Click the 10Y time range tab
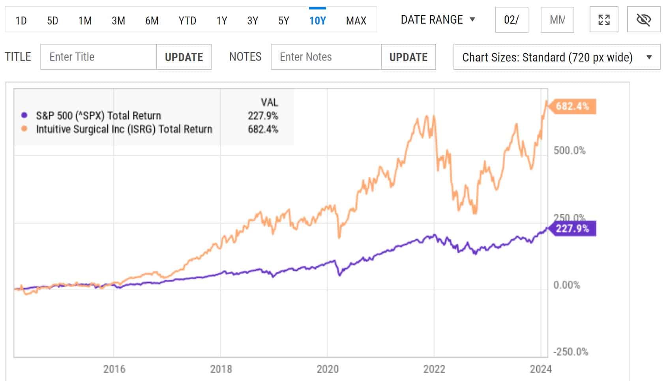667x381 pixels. [317, 20]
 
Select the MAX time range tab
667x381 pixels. [356, 20]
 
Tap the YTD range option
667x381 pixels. [187, 20]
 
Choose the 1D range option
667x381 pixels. [21, 20]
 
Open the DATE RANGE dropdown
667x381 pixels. [438, 19]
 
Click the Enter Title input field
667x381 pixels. [98, 57]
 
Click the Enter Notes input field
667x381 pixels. [326, 57]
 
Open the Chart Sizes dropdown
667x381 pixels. [556, 57]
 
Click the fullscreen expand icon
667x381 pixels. [604, 20]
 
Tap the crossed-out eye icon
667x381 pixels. [643, 20]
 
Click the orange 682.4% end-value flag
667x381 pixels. [572, 106]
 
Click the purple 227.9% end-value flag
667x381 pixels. [572, 228]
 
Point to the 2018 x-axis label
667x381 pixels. [221, 369]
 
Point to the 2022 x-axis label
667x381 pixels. [434, 369]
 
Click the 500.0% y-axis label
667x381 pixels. [569, 150]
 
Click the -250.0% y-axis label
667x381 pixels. [570, 351]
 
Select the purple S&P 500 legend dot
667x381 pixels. [24, 115]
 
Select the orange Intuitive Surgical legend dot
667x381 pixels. [24, 129]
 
